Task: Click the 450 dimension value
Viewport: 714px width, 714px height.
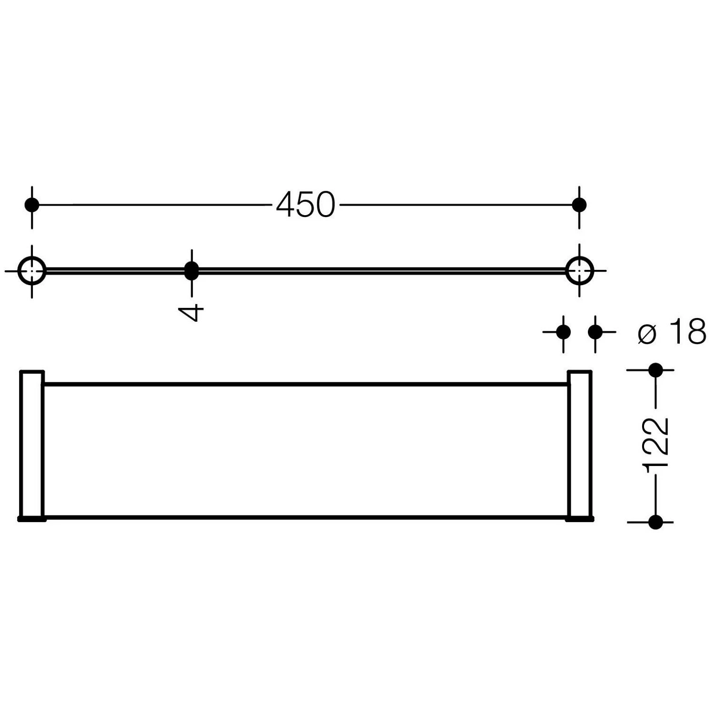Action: [305, 205]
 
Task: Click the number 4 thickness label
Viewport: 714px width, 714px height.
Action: [191, 313]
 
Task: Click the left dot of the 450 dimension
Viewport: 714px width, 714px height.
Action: [32, 205]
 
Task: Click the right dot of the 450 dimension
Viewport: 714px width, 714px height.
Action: [579, 205]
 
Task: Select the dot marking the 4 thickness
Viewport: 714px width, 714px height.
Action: [191, 270]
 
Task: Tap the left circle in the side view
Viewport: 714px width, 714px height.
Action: [32, 271]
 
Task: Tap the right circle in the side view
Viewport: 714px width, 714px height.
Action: [579, 271]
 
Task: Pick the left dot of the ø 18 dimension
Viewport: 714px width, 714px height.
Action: [563, 332]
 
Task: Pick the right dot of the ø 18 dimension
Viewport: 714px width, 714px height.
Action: [595, 332]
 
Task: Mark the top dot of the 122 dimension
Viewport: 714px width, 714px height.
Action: [655, 369]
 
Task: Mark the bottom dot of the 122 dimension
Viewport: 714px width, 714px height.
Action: [655, 522]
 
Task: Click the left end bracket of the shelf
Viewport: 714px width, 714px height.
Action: [32, 445]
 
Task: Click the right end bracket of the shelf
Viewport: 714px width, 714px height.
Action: [579, 445]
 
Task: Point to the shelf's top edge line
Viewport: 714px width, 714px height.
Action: [305, 383]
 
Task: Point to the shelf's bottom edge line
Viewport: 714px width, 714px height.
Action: [305, 517]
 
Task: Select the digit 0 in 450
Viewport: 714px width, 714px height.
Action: [324, 205]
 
